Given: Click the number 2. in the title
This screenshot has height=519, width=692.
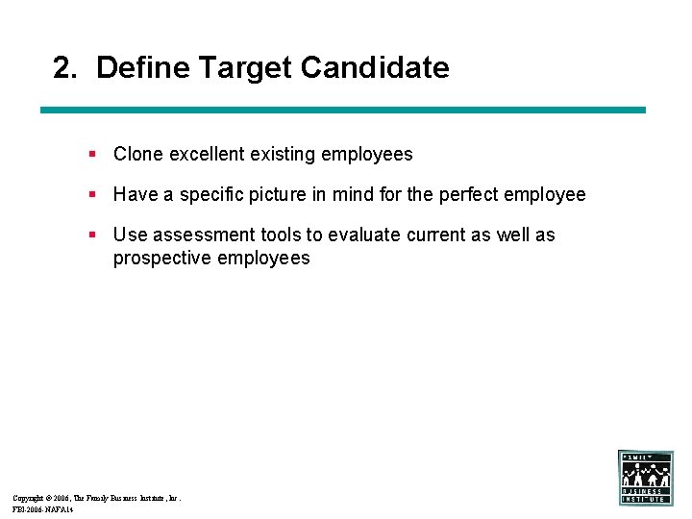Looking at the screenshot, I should (x=65, y=68).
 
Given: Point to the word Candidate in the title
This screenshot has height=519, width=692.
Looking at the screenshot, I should (x=375, y=68).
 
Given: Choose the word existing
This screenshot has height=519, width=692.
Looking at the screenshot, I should (x=284, y=154).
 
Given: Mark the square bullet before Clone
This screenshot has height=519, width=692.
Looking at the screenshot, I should (x=91, y=154).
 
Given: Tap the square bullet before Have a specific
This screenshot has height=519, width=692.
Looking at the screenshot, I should (x=91, y=194).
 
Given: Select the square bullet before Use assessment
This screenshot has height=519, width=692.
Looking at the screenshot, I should (x=91, y=235).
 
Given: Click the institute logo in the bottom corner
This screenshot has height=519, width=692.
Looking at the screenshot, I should (x=645, y=478).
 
